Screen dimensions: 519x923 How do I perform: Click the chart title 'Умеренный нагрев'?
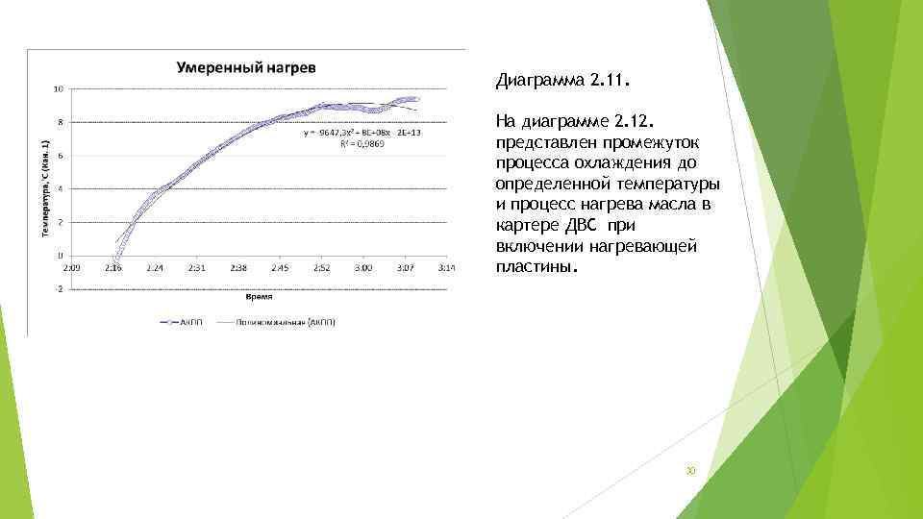pos(247,67)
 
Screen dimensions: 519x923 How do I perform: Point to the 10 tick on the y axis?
pos(59,89)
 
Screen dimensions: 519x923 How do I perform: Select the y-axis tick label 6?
pos(61,156)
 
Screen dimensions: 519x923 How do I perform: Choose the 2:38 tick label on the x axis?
pos(238,267)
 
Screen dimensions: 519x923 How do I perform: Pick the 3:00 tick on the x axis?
pos(362,267)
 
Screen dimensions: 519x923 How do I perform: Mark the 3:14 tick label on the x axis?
pos(445,267)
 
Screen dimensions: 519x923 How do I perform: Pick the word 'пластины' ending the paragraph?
pos(536,265)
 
